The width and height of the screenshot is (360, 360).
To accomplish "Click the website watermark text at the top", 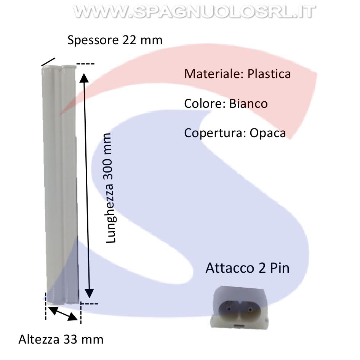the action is (194, 11).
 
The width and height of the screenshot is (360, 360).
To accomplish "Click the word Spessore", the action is (93, 40).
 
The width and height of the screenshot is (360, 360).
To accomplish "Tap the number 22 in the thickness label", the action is (130, 40).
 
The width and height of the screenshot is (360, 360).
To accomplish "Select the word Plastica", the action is (269, 74).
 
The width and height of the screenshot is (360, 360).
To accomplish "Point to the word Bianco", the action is (248, 103).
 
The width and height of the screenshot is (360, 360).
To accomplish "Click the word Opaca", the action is (268, 133).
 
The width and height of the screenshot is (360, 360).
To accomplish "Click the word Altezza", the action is (39, 339).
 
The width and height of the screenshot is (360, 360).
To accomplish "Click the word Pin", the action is (280, 268).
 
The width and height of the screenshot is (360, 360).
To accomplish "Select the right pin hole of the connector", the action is (250, 310).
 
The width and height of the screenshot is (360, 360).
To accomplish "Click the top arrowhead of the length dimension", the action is (84, 78).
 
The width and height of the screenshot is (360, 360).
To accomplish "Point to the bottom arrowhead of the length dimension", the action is (89, 293).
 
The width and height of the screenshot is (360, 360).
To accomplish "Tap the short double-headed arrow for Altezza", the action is (63, 313).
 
